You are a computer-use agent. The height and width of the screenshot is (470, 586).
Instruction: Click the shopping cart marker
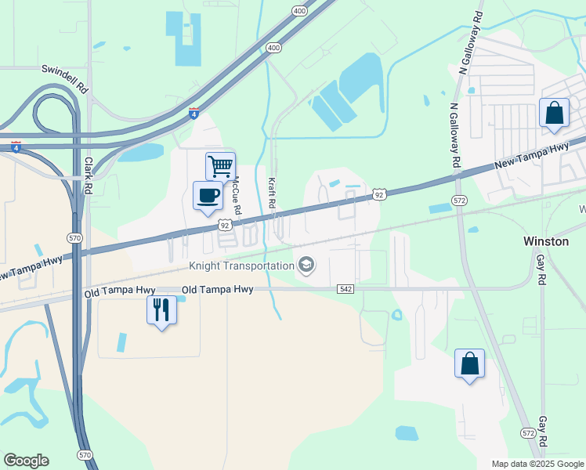pos(220,166)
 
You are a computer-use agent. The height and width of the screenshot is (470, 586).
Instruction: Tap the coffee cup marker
pos(207,195)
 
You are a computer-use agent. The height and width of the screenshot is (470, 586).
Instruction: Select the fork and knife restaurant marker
pos(161,310)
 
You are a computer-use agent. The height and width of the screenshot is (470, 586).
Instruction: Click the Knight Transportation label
pos(241,266)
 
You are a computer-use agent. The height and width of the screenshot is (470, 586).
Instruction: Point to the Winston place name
pos(545,241)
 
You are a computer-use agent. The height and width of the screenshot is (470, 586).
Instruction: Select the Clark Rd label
pos(89,175)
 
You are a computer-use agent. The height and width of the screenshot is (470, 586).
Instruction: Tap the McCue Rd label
pos(236,201)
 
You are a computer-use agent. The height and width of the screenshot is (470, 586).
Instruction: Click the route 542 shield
pos(345,289)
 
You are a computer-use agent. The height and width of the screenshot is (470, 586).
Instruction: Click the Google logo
pos(26,461)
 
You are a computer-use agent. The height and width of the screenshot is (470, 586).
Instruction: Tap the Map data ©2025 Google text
pos(537,464)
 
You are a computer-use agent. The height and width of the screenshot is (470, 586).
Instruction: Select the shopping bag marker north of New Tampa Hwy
pos(554,113)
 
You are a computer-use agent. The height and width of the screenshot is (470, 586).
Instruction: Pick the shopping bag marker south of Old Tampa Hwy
pos(469,363)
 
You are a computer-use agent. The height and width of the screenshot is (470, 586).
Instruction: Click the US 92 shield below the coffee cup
pos(224,226)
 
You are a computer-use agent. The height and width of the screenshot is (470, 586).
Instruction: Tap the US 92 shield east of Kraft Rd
pos(378,193)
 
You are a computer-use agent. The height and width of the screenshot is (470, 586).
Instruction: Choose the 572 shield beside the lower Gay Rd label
pos(528,433)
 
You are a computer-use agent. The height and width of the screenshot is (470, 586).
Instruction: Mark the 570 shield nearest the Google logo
pos(85,455)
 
